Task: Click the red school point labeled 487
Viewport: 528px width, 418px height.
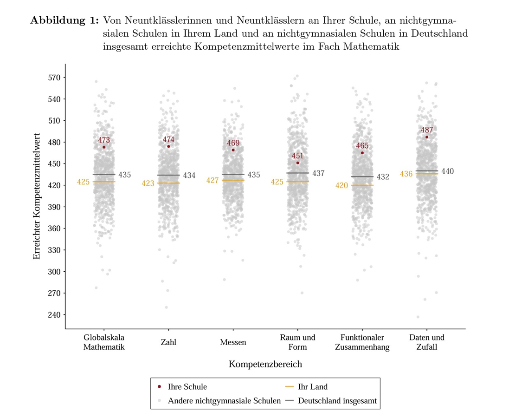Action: pos(427,137)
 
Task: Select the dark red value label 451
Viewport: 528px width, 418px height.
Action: pos(297,156)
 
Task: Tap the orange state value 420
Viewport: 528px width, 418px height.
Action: pos(341,186)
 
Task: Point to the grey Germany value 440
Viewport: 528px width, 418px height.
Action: pos(447,171)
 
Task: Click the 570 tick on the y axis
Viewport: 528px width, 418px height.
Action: pos(55,78)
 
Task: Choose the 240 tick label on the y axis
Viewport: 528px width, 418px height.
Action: pos(55,315)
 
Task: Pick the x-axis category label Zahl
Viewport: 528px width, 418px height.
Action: pos(168,343)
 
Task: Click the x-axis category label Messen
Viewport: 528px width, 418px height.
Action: pos(233,343)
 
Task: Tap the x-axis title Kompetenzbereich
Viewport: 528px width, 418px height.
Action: pos(265,364)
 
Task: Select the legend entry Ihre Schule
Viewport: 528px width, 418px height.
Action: pos(187,387)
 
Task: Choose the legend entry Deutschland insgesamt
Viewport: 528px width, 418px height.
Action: pos(337,400)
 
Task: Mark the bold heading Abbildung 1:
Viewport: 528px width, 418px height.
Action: pos(64,21)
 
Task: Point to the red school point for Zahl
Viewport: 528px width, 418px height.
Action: pos(168,146)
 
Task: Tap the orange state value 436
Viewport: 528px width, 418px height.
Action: pos(406,174)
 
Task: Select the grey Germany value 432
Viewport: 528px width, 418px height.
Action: pos(383,177)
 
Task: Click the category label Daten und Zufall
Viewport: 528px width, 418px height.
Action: pos(427,342)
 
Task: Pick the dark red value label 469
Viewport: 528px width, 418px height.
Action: pos(233,143)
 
